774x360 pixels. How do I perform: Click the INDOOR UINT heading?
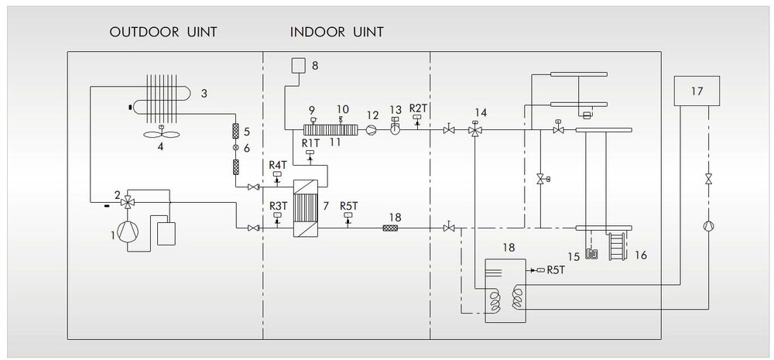[337, 33]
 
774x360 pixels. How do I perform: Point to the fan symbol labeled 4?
[161, 133]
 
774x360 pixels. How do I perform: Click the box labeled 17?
[697, 91]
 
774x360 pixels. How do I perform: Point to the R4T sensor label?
[278, 166]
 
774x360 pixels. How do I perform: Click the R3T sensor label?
[278, 204]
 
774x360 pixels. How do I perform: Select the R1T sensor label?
[310, 143]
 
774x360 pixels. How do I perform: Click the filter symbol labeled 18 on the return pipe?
[392, 228]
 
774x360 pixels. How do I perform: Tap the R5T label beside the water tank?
[555, 271]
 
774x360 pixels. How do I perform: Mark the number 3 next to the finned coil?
[204, 93]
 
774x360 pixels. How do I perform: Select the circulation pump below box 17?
[708, 227]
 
